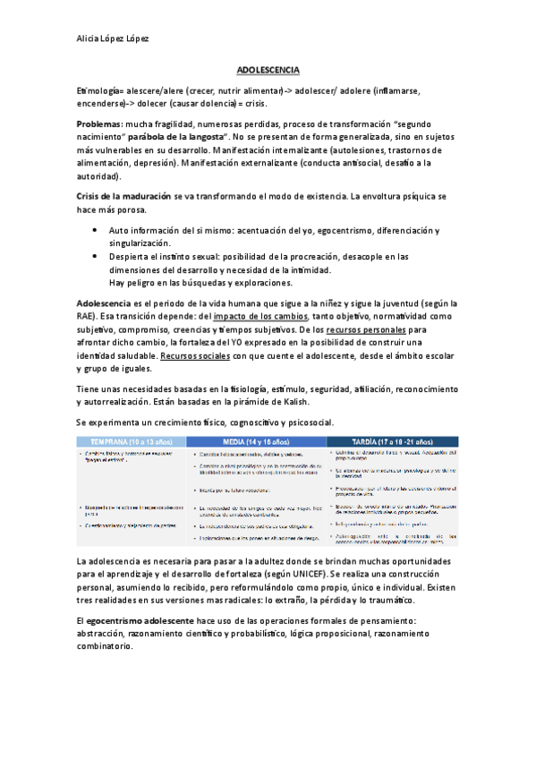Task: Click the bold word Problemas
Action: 100,123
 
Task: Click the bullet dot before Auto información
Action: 96,230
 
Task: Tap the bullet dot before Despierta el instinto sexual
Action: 96,256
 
